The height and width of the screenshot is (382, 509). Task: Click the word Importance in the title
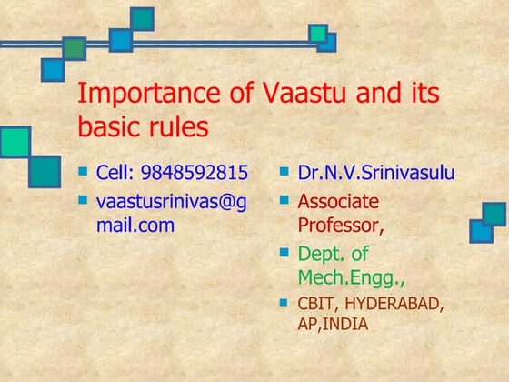point(138,94)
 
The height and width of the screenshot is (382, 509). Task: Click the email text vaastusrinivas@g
point(171,201)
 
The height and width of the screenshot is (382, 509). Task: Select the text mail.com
point(135,225)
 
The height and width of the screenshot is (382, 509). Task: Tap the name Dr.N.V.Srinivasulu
point(376,173)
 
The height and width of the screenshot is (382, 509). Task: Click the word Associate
point(338,201)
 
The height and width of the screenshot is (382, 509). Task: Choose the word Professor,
point(340,224)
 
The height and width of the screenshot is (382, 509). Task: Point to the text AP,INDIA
point(334,323)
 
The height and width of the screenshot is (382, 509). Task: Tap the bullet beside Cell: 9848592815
point(84,170)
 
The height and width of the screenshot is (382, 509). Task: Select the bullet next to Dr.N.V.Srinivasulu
point(284,170)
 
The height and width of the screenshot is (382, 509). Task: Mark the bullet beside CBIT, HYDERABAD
point(284,301)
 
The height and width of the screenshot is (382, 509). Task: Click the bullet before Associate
point(284,198)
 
